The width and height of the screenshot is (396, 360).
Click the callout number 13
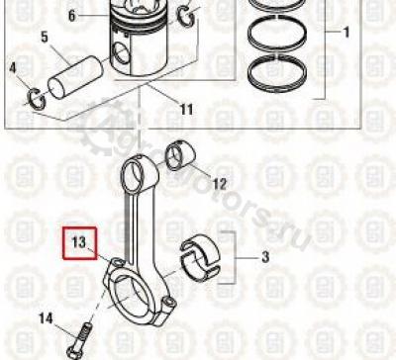click(79, 242)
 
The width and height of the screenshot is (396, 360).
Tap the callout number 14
click(46, 318)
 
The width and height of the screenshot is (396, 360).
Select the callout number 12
click(220, 184)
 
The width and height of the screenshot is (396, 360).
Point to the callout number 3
click(265, 257)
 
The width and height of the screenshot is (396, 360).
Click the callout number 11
click(187, 109)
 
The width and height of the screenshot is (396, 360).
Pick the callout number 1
click(346, 33)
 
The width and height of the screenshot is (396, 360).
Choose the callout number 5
click(45, 37)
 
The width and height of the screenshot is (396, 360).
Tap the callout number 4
click(13, 68)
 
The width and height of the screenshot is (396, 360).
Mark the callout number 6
click(72, 16)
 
